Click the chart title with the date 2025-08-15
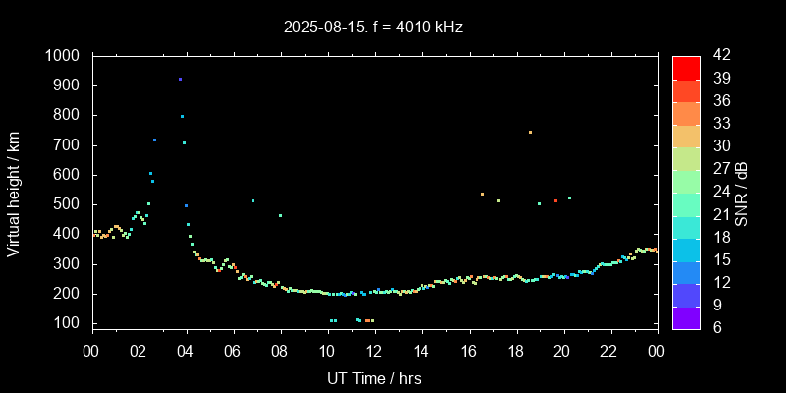click(x=373, y=27)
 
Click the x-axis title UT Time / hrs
click(x=374, y=378)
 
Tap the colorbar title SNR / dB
click(x=741, y=193)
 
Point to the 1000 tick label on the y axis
click(x=65, y=56)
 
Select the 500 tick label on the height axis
click(x=70, y=204)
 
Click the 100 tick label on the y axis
click(x=70, y=323)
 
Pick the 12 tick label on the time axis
click(x=374, y=351)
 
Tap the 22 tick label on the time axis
click(x=609, y=351)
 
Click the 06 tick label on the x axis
click(x=233, y=351)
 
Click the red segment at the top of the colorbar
click(x=686, y=67)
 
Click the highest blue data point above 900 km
click(x=180, y=80)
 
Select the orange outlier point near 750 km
click(x=530, y=132)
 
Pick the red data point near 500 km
click(x=555, y=200)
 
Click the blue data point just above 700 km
click(x=154, y=140)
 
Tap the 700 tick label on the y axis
click(x=70, y=145)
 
